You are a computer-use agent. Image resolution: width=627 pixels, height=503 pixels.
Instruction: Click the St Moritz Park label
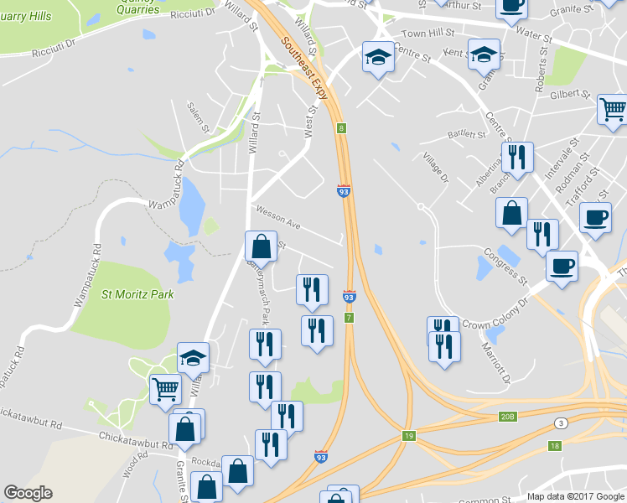pyautogui.click(x=137, y=293)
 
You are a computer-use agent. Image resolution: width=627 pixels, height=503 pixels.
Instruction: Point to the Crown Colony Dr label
pyautogui.click(x=495, y=314)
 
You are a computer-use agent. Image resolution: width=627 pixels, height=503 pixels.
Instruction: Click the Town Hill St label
pyautogui.click(x=427, y=33)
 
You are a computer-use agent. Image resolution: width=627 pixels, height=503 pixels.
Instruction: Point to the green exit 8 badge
pyautogui.click(x=342, y=128)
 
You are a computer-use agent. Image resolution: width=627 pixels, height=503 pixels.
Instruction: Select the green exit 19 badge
pyautogui.click(x=409, y=436)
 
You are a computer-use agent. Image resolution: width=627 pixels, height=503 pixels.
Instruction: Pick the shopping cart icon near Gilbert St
pyautogui.click(x=613, y=109)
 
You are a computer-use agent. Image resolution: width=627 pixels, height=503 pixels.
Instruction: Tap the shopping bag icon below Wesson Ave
pyautogui.click(x=261, y=246)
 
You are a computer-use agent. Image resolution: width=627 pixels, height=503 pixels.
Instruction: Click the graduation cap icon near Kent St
pyautogui.click(x=484, y=55)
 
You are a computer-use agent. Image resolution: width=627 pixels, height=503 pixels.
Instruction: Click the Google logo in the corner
pyautogui.click(x=28, y=493)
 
